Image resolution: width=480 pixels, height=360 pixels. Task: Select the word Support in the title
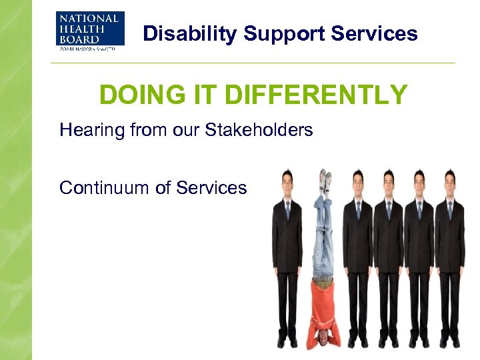[267, 33]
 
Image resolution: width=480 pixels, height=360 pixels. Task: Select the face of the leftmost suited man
[287, 182]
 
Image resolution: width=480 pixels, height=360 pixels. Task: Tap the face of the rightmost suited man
[449, 182]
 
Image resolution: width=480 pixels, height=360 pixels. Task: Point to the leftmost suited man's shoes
[287, 341]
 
